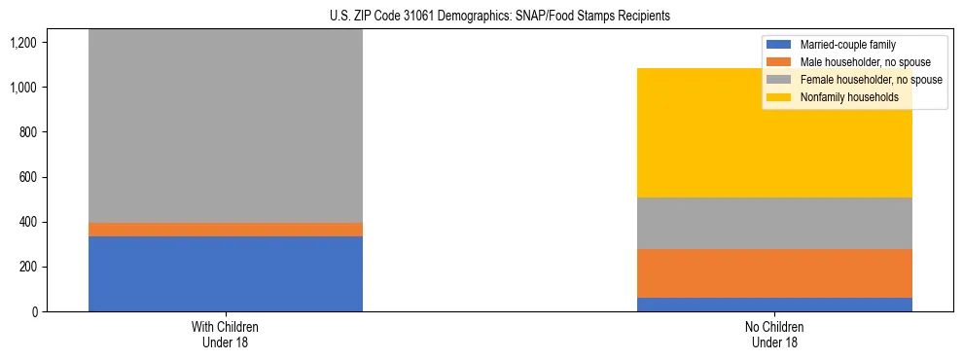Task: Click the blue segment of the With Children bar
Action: (x=225, y=273)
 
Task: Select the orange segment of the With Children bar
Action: (x=225, y=230)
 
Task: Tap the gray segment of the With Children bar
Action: (x=225, y=126)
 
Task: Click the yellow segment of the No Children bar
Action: (x=774, y=133)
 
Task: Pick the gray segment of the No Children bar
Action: (x=774, y=224)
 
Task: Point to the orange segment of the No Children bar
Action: (x=774, y=273)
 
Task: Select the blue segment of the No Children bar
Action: (x=774, y=305)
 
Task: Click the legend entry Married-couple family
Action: (x=847, y=45)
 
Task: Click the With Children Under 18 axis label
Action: (x=225, y=334)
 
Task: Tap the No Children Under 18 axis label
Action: (x=774, y=334)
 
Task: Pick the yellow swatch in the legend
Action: (x=780, y=97)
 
